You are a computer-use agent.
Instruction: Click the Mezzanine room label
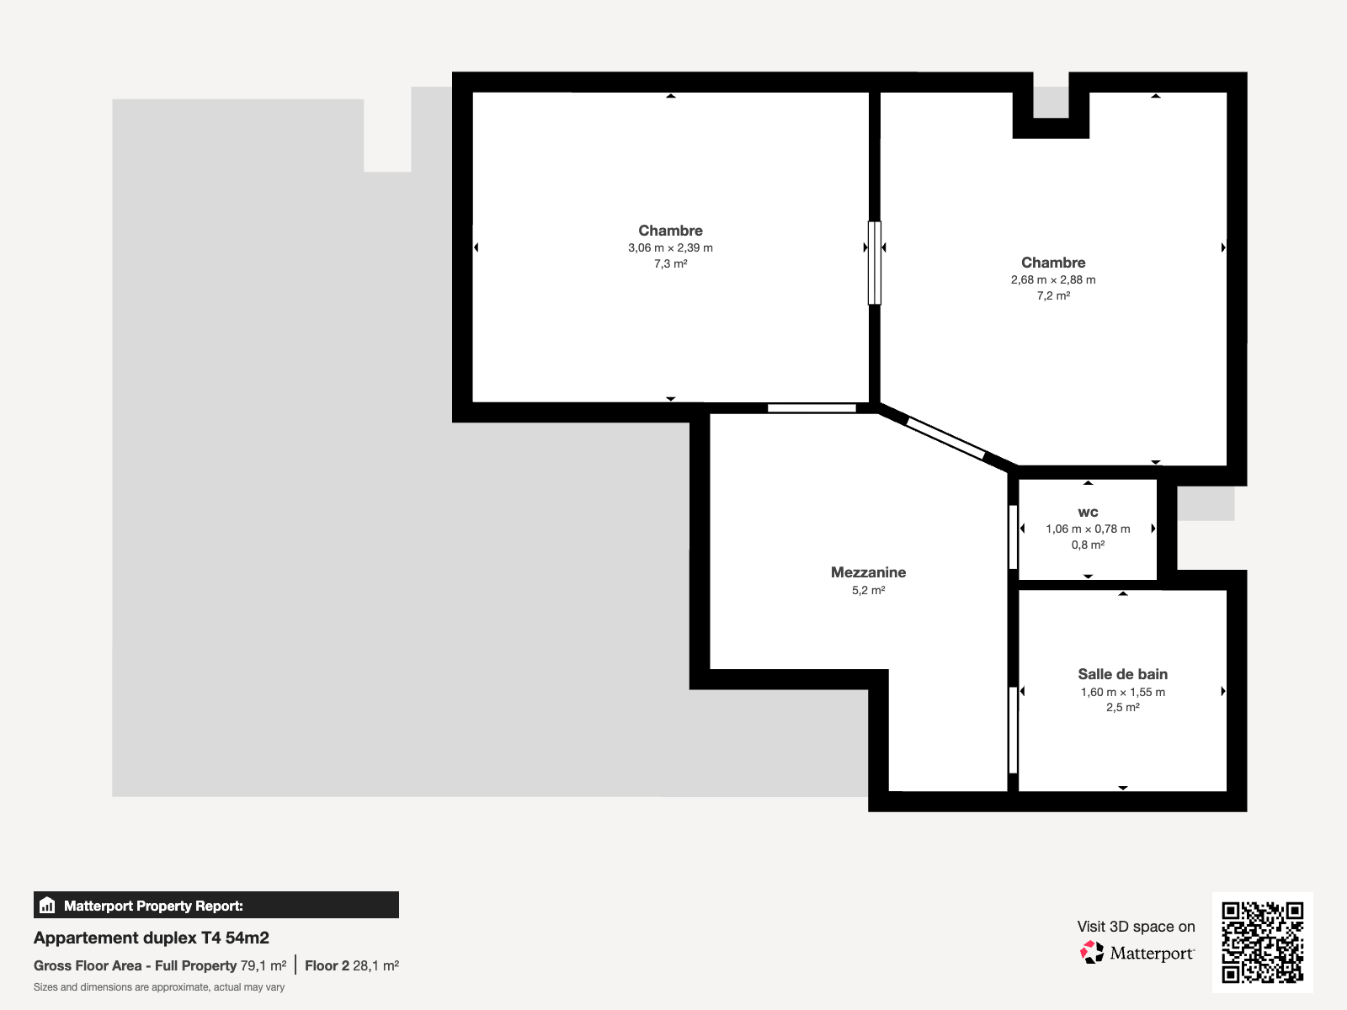[x=868, y=572]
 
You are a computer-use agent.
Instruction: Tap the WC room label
[x=1088, y=512]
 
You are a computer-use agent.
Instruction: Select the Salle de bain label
[x=1122, y=674]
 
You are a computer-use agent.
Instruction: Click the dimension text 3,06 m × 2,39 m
[x=670, y=247]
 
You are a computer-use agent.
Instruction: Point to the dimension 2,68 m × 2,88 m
[x=1053, y=279]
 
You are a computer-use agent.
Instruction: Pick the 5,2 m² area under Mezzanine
[x=868, y=590]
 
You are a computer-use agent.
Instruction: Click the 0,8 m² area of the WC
[x=1088, y=545]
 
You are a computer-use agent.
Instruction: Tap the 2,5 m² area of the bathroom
[x=1122, y=707]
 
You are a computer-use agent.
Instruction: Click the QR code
[x=1262, y=943]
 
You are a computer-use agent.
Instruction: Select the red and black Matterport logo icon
[x=1092, y=953]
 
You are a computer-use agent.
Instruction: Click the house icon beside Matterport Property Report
[x=47, y=905]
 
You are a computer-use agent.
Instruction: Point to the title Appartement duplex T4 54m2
[x=151, y=938]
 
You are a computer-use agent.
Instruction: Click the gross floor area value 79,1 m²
[x=264, y=966]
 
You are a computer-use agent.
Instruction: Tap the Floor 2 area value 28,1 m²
[x=375, y=966]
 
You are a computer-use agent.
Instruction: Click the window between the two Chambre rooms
[x=875, y=263]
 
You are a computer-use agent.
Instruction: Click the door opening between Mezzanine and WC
[x=1013, y=537]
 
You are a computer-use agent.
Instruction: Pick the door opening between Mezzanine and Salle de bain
[x=1013, y=731]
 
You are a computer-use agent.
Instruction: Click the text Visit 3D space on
[x=1136, y=927]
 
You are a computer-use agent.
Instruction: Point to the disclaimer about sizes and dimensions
[x=159, y=987]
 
